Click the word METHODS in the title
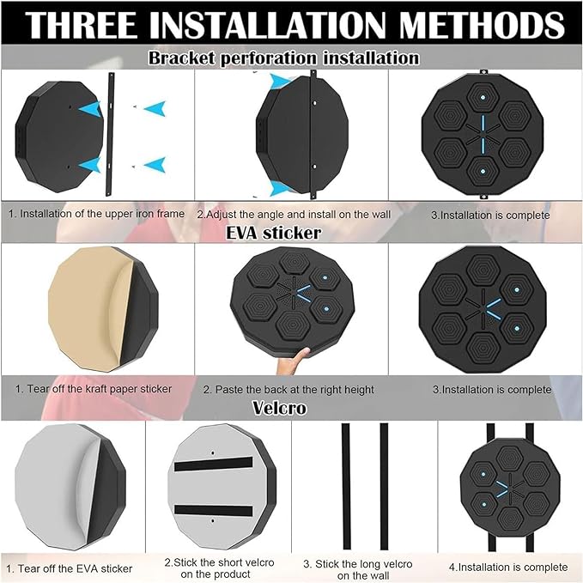pos(483,25)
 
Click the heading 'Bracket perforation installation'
pos(284,58)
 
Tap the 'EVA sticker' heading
pos(273,234)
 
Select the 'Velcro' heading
pos(280,408)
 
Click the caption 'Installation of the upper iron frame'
pos(97,214)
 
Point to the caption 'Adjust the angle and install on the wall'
pos(294,215)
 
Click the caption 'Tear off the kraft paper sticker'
pos(94,389)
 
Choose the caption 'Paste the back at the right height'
pos(288,390)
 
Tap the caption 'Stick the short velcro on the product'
pos(219,568)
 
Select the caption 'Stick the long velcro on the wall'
pos(358,569)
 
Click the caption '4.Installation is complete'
pos(508,567)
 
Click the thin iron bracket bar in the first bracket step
pos(110,134)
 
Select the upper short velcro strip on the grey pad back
pos(214,464)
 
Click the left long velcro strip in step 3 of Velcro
pos(346,486)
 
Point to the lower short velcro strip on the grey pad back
pos(214,510)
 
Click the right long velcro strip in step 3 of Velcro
pos(384,486)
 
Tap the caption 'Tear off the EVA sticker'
pos(70,568)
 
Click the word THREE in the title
pos(82,25)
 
